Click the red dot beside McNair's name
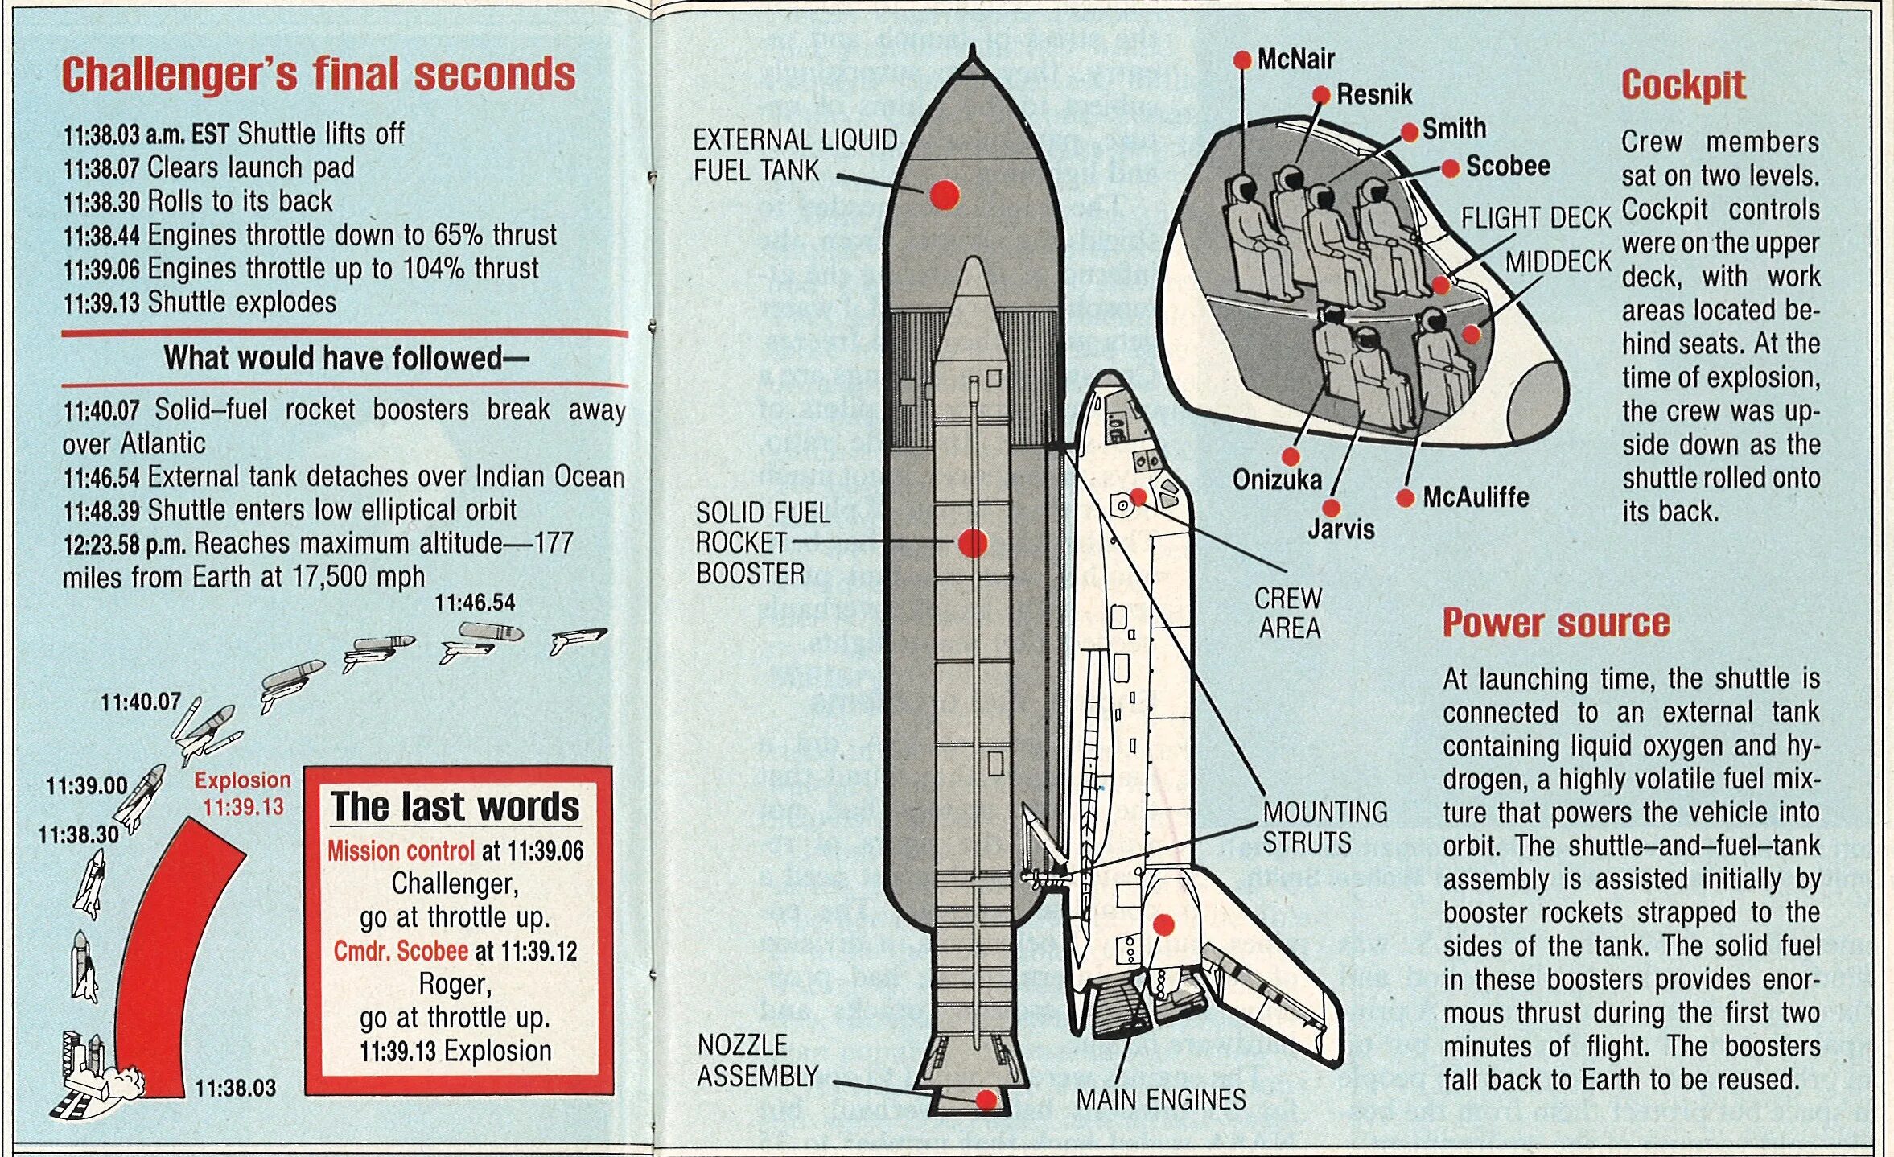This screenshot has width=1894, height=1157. (1242, 60)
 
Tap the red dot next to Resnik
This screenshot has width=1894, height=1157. (1321, 95)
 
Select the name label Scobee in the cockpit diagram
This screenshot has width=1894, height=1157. (1507, 167)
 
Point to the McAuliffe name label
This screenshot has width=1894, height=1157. (1476, 497)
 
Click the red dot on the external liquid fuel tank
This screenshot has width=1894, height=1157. (945, 195)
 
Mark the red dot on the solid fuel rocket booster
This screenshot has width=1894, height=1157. (973, 543)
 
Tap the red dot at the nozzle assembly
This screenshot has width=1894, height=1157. (986, 1100)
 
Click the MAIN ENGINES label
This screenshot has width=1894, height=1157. (1160, 1100)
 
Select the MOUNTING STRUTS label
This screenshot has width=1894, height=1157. (1324, 827)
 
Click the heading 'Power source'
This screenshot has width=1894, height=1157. (1556, 624)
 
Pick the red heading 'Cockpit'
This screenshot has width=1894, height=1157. (1683, 85)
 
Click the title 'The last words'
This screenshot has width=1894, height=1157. (455, 806)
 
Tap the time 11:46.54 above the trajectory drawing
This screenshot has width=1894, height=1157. (475, 603)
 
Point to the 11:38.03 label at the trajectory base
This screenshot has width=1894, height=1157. (235, 1089)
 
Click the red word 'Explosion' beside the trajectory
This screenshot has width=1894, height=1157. (242, 780)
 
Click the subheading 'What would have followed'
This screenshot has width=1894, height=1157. (346, 358)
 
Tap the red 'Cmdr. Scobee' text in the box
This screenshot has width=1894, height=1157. (401, 951)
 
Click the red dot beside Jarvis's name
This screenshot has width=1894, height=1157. (1332, 508)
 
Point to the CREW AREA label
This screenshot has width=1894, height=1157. (1289, 613)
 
